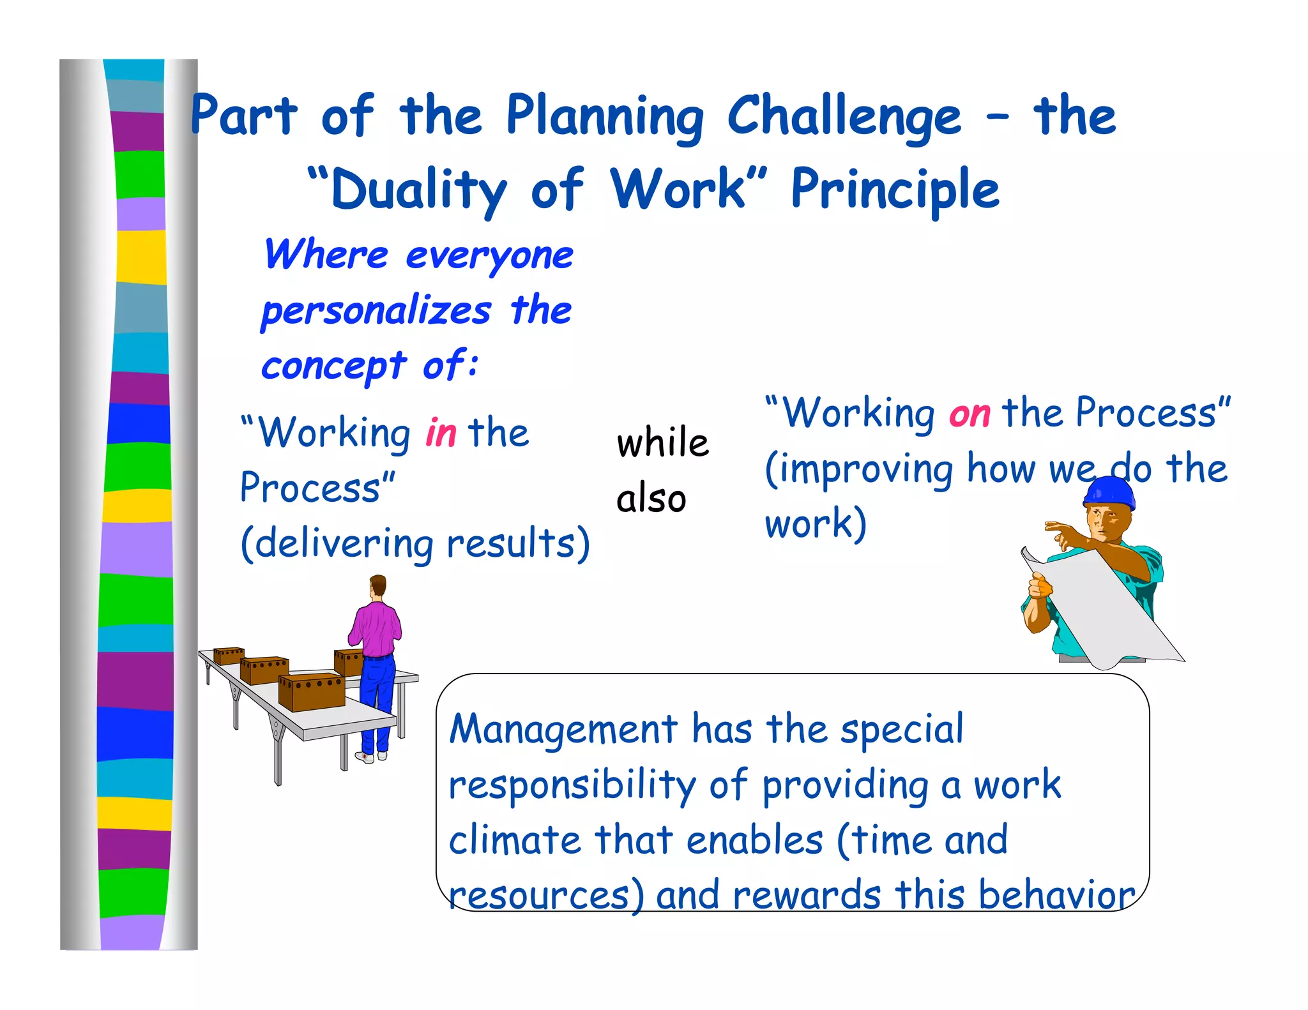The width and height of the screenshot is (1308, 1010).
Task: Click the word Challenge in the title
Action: pyautogui.click(x=843, y=116)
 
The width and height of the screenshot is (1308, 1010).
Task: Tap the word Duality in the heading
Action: pyautogui.click(x=418, y=190)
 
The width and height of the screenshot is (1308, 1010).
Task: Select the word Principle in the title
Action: pyautogui.click(x=894, y=189)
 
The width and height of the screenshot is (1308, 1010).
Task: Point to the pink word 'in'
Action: pyautogui.click(x=441, y=433)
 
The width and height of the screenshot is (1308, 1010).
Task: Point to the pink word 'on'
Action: pyautogui.click(x=969, y=414)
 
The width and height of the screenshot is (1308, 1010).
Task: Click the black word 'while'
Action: pyautogui.click(x=662, y=442)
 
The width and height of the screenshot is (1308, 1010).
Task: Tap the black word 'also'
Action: pyautogui.click(x=651, y=499)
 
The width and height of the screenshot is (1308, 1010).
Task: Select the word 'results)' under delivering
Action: pyautogui.click(x=517, y=544)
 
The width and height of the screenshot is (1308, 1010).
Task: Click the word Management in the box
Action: pyautogui.click(x=563, y=729)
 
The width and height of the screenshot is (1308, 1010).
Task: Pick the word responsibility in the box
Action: pyautogui.click(x=572, y=785)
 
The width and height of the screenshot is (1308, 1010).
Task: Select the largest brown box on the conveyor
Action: pyautogui.click(x=312, y=692)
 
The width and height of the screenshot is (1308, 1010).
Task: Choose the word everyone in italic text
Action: pyautogui.click(x=489, y=256)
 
